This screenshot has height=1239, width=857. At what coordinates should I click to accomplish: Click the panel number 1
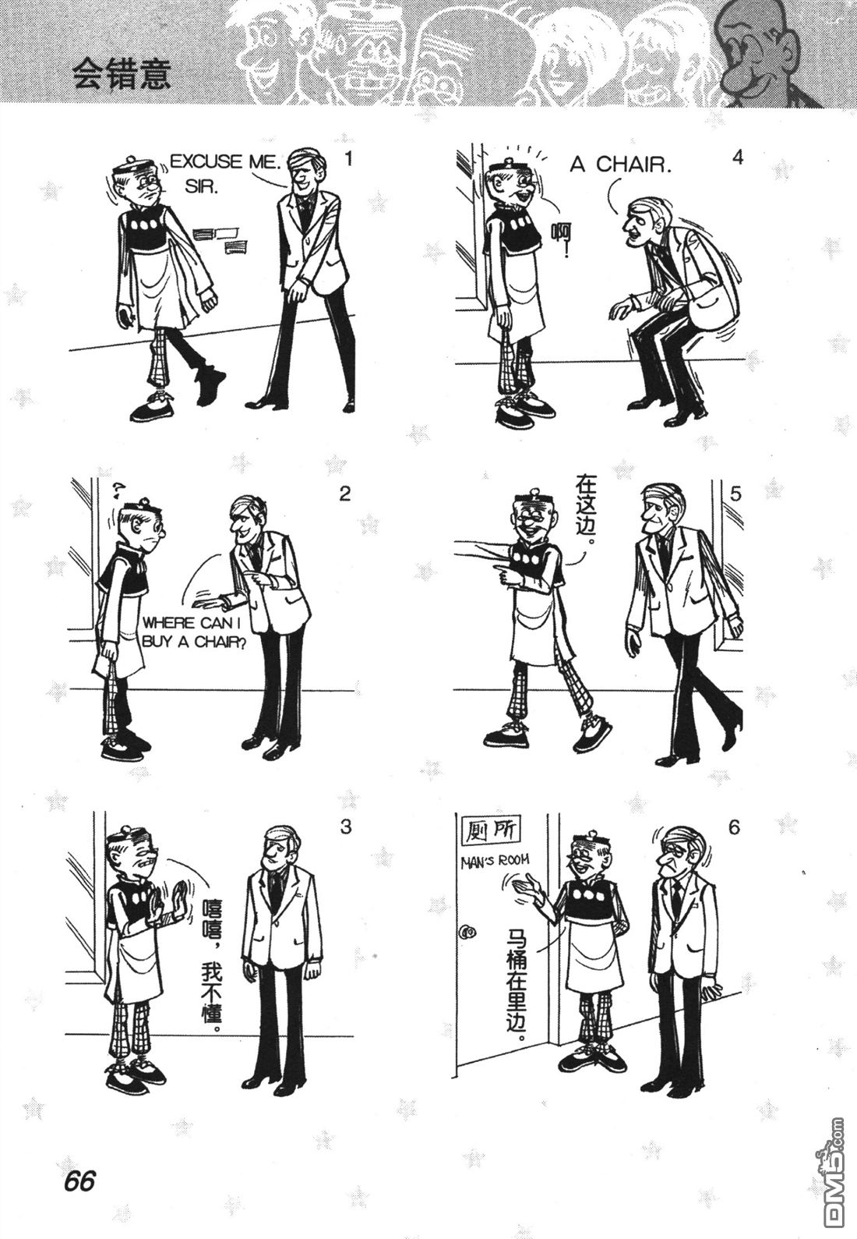coord(347,160)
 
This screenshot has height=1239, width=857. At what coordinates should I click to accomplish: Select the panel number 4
coord(737,158)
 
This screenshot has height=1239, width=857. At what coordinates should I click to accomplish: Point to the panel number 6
coord(733,828)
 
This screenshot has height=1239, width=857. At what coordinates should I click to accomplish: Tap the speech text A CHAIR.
coord(620,165)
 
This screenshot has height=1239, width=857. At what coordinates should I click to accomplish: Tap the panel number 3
coord(346,827)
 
